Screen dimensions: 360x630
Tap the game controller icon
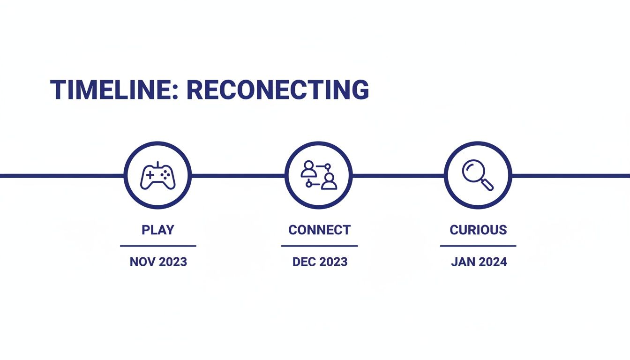(158, 176)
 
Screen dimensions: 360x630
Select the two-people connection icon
(319, 175)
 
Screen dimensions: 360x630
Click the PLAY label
(158, 230)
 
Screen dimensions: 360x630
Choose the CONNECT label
(319, 230)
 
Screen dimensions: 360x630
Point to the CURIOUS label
(478, 230)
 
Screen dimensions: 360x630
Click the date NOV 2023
(158, 262)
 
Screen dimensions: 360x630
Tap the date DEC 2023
(320, 262)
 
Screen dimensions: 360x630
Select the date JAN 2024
(479, 262)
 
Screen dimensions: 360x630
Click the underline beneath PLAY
(158, 245)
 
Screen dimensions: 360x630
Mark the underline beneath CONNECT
(319, 245)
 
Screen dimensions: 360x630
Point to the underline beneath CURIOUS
(478, 245)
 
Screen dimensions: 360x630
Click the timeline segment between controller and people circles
(238, 176)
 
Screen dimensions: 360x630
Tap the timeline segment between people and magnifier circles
(398, 176)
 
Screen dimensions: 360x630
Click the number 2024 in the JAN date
(491, 262)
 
